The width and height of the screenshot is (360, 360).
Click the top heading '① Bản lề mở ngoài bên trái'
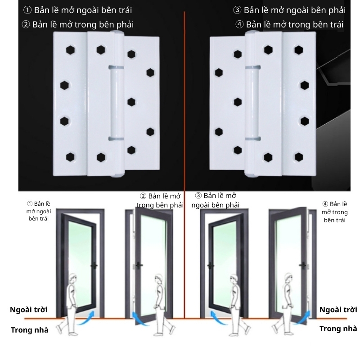pos(77,10)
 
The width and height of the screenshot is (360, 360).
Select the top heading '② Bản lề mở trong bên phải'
pos(77,25)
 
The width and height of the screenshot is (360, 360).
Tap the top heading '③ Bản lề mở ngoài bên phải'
pos(289,10)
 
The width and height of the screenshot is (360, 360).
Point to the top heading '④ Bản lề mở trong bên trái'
pos(289,25)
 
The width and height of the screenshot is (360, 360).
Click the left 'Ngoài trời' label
pos(29,310)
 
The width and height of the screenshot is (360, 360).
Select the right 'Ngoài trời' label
pos(338,310)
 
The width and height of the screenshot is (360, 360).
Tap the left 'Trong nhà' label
pos(30,330)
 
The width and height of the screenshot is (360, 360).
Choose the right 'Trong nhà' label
pos(338,328)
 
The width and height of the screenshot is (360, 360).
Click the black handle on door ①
pos(94,265)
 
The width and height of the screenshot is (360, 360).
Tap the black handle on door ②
pos(139,265)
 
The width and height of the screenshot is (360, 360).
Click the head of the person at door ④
pos(288,279)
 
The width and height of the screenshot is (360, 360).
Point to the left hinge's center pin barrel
pos(117,103)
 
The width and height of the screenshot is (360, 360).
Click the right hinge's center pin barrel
pos(252,103)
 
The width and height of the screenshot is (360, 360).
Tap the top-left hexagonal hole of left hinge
pos(70,50)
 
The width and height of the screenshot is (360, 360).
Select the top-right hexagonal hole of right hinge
pos(299,50)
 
